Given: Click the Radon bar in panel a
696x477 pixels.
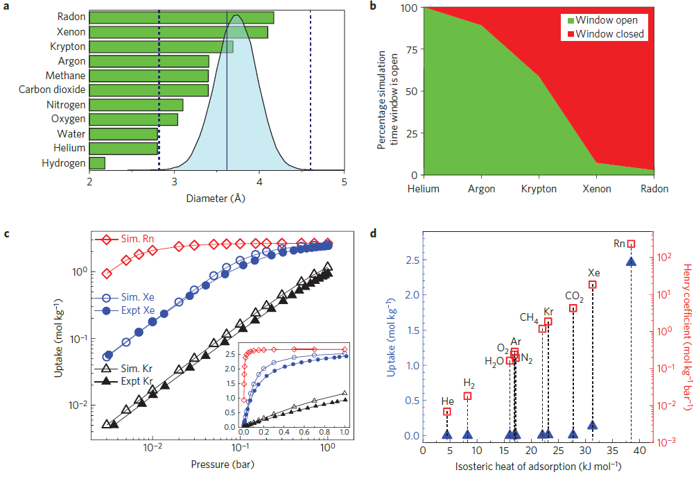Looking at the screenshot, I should (181, 17).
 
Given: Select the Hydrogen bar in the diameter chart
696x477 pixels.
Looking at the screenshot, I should (97, 163).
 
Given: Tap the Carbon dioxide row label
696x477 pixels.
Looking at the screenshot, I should (52, 90).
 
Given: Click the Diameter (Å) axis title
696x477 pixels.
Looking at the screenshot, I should (216, 198).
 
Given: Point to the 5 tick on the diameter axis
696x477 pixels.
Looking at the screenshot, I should (344, 183).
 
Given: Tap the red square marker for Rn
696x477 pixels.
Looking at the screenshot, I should (631, 244).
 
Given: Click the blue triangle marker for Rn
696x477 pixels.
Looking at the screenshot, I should (631, 261).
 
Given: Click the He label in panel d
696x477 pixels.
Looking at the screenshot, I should (447, 401).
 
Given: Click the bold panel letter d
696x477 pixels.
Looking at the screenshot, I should (374, 232).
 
